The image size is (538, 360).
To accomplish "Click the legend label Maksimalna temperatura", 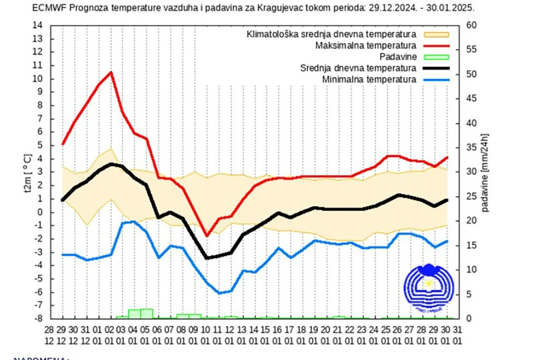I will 366,45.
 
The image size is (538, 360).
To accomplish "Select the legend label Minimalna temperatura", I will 368,80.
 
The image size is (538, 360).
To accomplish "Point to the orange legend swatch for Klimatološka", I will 437,33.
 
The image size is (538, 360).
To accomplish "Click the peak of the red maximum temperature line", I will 110,72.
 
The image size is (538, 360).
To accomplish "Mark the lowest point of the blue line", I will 219,293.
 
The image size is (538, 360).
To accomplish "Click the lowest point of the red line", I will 207,236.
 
